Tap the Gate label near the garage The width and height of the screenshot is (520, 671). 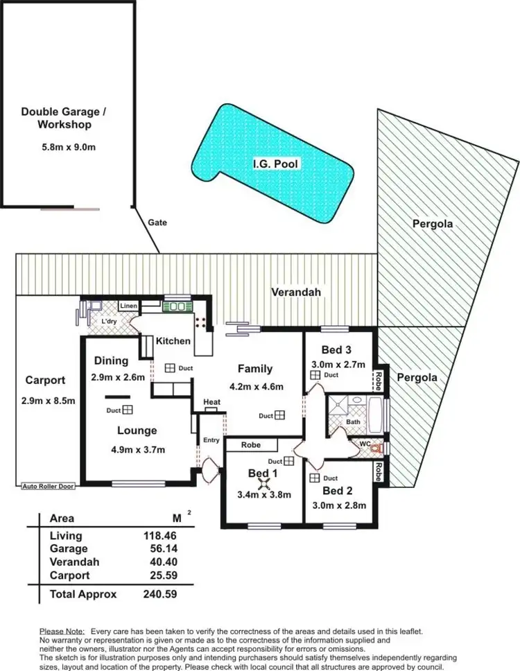point(157,223)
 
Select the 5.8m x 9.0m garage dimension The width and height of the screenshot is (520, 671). point(67,147)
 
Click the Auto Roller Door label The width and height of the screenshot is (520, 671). point(48,486)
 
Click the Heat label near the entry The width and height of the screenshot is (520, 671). point(211,402)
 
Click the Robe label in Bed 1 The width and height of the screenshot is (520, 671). point(250,445)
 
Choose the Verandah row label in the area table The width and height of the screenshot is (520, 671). point(74,562)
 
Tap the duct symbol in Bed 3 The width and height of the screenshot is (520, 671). point(315,375)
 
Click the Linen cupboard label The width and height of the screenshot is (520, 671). point(129,306)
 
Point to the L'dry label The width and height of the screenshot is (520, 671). point(109,322)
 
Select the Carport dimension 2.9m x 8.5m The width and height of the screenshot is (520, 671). point(48,401)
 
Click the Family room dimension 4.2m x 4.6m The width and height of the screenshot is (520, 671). point(255,387)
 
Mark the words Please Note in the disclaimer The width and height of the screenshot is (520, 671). point(62,631)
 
